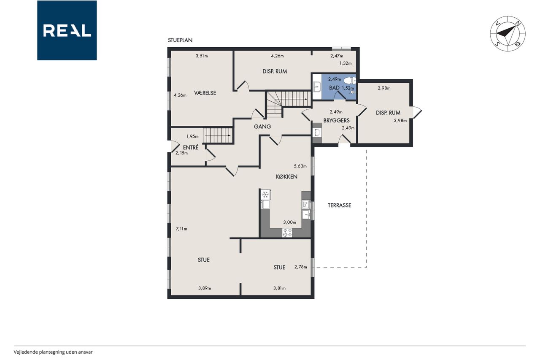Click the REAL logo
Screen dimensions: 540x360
(67, 30)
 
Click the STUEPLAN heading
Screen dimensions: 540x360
(180, 40)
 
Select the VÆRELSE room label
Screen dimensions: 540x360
(205, 93)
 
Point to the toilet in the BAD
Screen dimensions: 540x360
(350, 80)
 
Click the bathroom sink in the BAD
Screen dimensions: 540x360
(317, 87)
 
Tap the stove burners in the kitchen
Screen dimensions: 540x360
(287, 233)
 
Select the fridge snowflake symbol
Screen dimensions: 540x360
(266, 194)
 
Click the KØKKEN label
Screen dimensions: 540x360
(286, 176)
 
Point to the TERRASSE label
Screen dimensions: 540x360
(340, 205)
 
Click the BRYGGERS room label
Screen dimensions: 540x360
(336, 120)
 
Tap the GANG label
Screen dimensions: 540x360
(262, 126)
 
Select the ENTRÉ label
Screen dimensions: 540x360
(191, 147)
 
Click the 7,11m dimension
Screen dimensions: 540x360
(181, 229)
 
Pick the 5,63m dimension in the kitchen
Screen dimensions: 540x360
(300, 166)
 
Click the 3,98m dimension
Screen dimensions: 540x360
(400, 121)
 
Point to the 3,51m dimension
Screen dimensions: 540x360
(202, 56)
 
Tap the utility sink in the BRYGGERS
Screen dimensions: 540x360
(317, 133)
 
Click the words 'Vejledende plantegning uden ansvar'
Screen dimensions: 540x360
(53, 352)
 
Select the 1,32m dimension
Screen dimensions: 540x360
(346, 63)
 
